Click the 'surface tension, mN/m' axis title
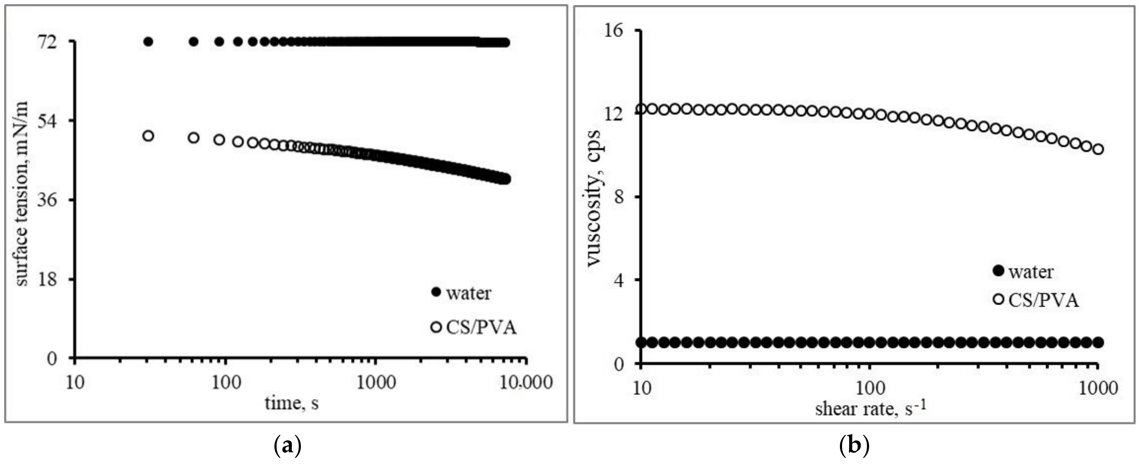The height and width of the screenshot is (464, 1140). click(22, 194)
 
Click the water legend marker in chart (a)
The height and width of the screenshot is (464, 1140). click(436, 292)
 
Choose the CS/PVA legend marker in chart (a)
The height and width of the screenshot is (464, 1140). click(436, 327)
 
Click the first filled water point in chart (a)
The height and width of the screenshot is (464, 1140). click(149, 42)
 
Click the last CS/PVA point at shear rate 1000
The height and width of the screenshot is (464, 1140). click(1098, 149)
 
